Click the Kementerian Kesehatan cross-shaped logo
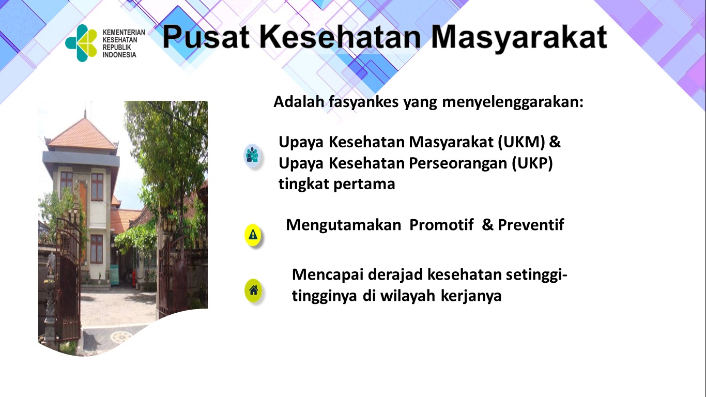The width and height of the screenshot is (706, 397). (81, 43)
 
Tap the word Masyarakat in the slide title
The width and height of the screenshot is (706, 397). (519, 38)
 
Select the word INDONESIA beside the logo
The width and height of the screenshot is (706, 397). (119, 55)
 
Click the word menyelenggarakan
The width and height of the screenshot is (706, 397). (513, 102)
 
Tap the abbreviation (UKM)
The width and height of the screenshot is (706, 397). (521, 142)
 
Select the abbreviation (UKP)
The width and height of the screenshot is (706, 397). (532, 163)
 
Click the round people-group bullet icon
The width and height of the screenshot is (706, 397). (252, 156)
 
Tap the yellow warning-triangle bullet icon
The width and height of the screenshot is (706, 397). (253, 235)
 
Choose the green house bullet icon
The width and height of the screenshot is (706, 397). (253, 290)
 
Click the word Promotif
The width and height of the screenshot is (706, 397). (441, 225)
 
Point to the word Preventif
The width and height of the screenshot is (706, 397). (531, 225)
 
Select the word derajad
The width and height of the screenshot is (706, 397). (395, 275)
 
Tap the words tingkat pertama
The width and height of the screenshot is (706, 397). (336, 184)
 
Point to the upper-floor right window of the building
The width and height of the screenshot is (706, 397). (97, 187)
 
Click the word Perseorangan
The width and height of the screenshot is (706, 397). (458, 164)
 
